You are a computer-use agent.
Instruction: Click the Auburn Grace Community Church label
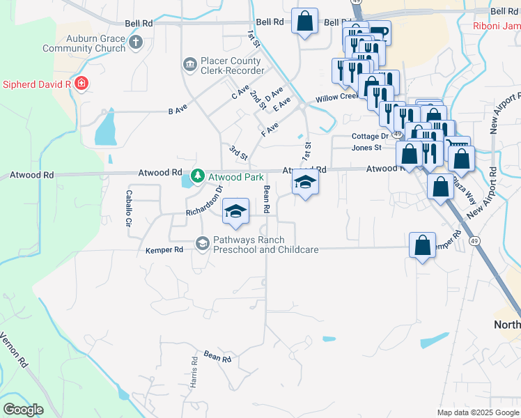coord(84,43)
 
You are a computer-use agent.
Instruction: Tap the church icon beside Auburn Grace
coord(136,43)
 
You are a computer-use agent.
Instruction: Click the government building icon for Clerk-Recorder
coord(189,65)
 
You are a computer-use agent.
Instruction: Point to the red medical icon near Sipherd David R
coord(81,84)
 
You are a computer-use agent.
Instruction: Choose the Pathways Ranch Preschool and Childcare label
coord(265,245)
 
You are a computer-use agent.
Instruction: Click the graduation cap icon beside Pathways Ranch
coord(203,243)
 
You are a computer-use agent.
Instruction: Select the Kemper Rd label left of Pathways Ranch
coord(164,249)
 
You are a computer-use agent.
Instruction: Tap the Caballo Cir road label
coord(128,208)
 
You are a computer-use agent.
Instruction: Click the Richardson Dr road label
coord(204,201)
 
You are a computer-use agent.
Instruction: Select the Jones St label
coord(366,148)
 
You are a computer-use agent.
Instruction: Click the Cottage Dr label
coord(370,137)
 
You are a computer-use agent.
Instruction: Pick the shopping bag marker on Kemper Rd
coord(422,245)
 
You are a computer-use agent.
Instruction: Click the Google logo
coord(23,410)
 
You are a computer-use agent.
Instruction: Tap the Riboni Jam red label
coord(497,26)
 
